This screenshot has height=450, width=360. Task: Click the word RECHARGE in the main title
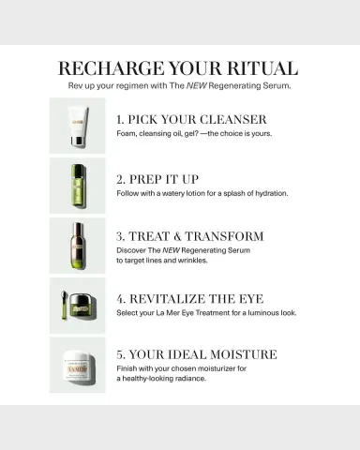[x=112, y=68]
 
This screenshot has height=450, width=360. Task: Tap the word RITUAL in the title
[x=262, y=68]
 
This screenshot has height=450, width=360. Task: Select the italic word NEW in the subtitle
[x=197, y=85]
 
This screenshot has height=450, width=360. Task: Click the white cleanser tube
[x=78, y=127]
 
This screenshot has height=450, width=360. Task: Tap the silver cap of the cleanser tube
[x=78, y=141]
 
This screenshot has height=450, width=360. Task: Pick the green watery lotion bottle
[x=78, y=186]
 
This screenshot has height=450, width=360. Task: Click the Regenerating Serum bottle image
[x=77, y=246]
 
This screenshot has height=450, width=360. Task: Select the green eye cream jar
[x=82, y=307]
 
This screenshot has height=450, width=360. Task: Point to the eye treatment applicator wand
[x=64, y=306]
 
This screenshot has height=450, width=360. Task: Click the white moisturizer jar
[x=78, y=366]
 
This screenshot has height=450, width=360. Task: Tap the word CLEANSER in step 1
[x=233, y=119]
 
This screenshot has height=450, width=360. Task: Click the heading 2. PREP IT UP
[x=157, y=179]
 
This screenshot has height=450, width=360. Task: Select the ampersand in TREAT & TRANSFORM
[x=177, y=236]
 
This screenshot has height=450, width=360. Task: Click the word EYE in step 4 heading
[x=251, y=299]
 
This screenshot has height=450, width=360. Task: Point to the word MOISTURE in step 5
[x=244, y=354]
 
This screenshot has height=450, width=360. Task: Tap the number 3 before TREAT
[x=120, y=236]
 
